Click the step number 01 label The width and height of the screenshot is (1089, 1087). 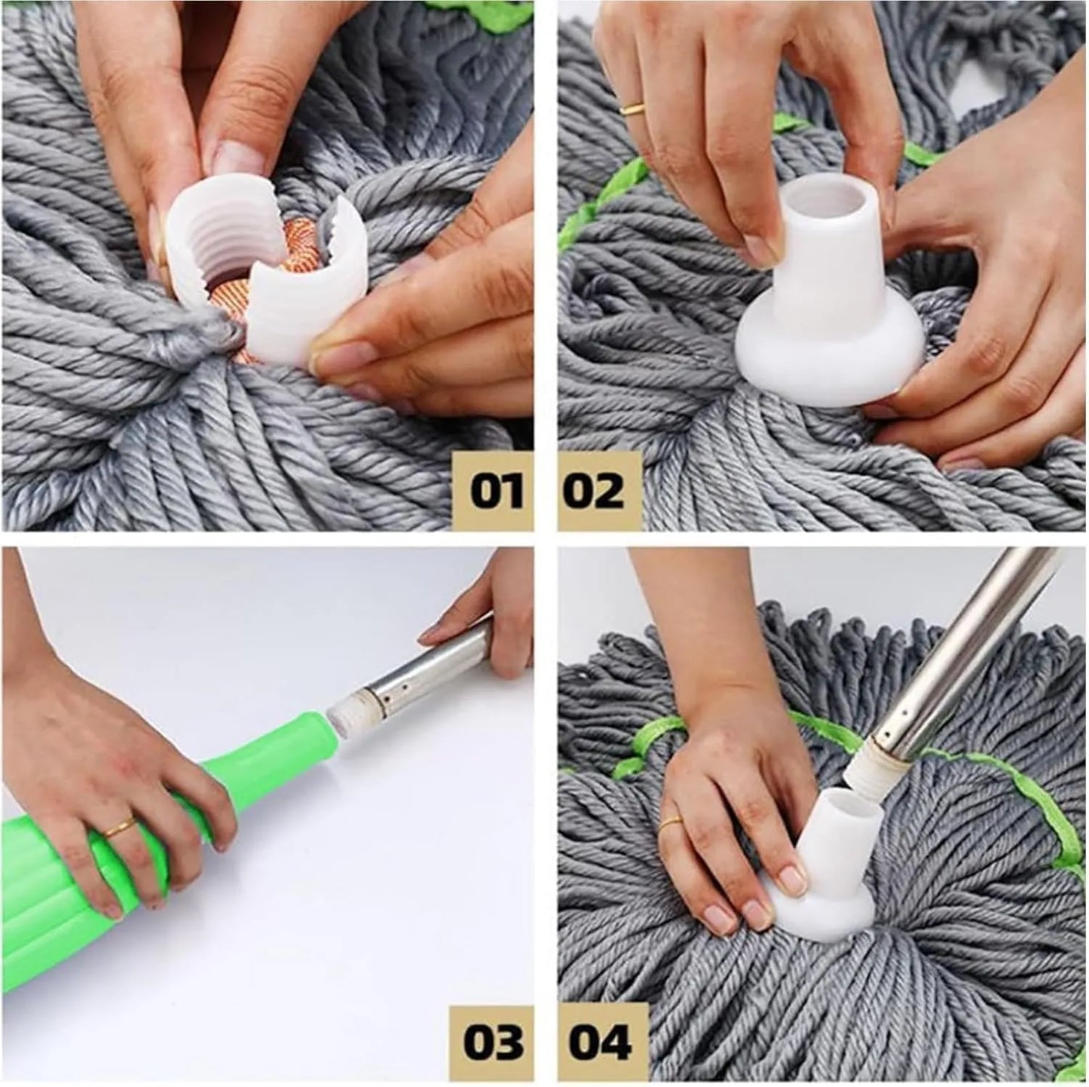(497, 491)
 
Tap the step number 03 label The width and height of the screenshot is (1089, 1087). (493, 1043)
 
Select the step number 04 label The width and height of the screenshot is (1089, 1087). (600, 1043)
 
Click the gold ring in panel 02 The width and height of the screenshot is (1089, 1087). (632, 107)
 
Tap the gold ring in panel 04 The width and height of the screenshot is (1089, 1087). (670, 823)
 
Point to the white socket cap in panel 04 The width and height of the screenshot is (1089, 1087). (829, 859)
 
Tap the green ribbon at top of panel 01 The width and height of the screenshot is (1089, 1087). (497, 9)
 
